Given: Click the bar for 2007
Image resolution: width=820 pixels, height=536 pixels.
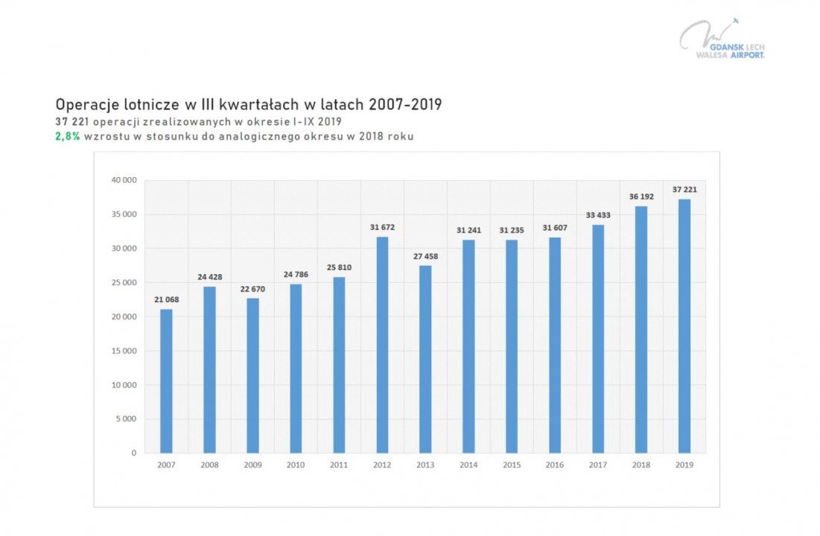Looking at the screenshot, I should coord(166,380).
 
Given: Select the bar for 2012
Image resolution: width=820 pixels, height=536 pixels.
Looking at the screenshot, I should coord(382,345).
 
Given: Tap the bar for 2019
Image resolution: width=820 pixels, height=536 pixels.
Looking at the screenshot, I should coord(684,326).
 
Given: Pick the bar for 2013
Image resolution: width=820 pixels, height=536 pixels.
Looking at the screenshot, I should coord(425,359).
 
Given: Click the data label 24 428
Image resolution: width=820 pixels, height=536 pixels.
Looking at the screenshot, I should coord(209,277).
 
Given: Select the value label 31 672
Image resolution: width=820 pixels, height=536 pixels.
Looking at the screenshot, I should coord(382,227).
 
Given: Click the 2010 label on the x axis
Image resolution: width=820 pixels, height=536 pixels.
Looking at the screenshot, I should coord(296,465).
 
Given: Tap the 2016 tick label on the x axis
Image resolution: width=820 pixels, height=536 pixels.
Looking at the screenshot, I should coord(554,465).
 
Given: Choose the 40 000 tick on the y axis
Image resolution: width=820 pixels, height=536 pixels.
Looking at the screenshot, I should coord(124,180).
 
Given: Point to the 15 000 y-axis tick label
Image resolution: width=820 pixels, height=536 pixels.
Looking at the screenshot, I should coord(124,351).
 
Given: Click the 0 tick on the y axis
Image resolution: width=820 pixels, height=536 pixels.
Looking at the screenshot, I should coord(133,453).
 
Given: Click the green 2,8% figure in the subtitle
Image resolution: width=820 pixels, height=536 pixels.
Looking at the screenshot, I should coord(68,136).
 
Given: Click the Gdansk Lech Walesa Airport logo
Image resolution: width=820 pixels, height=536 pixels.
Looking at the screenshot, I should coord(721,39).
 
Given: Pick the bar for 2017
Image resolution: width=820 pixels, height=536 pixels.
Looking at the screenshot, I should coord(597,339).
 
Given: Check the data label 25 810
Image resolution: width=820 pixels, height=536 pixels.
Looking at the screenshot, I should coord(339,267).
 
